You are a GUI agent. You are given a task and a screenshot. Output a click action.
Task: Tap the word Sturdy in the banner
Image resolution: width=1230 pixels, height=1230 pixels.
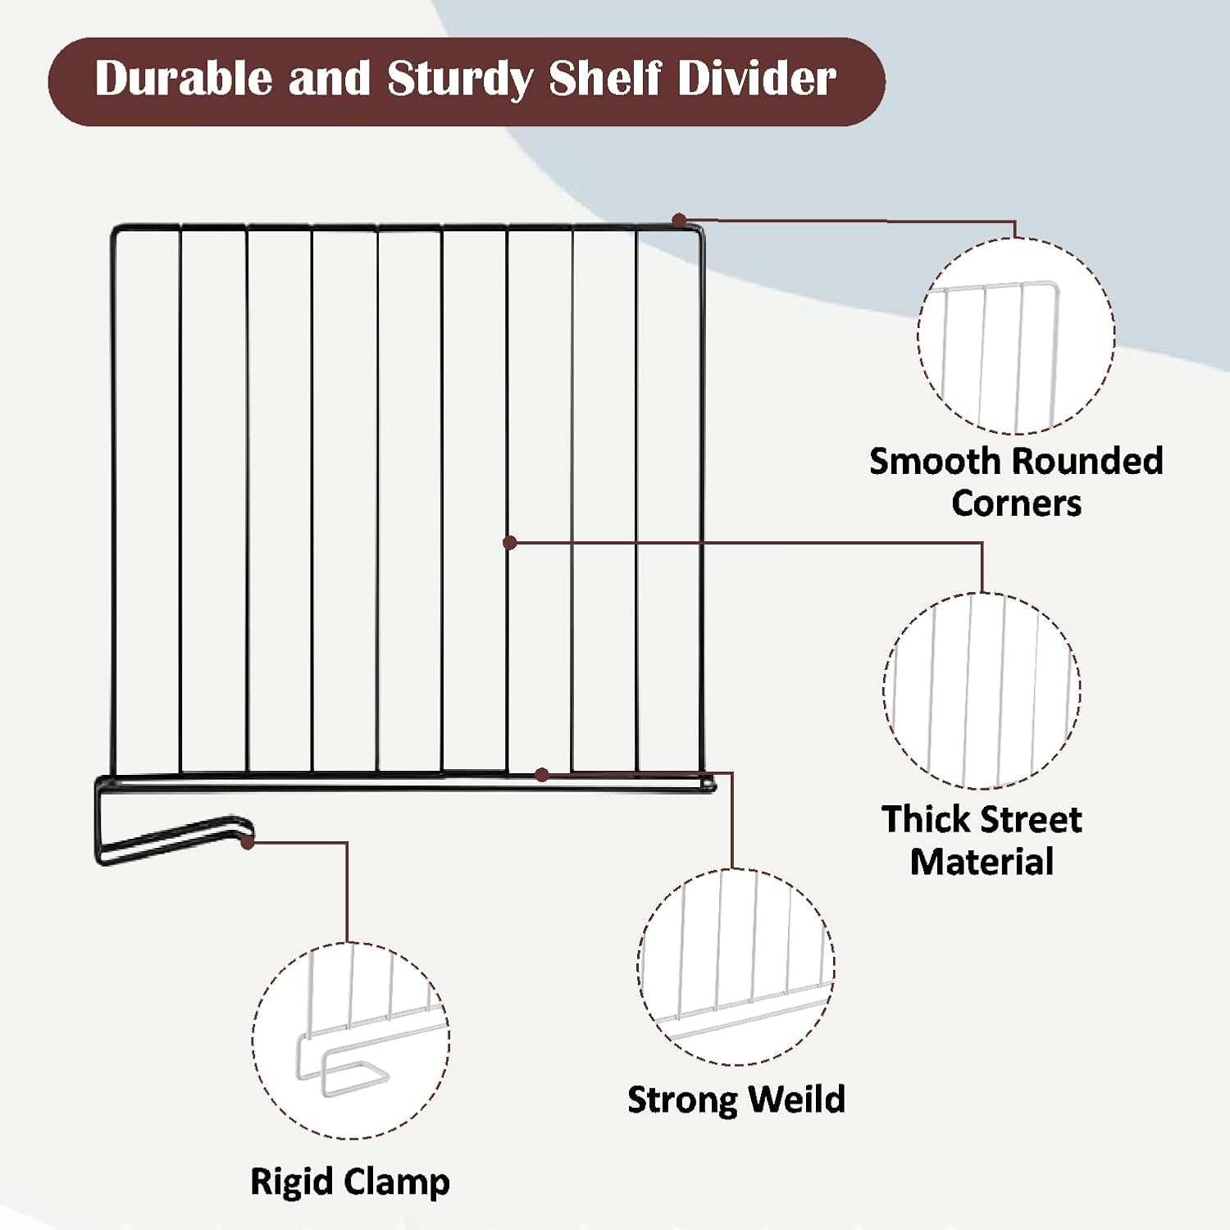click(459, 80)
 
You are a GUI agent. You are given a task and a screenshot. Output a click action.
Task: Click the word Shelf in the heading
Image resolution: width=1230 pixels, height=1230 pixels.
click(605, 79)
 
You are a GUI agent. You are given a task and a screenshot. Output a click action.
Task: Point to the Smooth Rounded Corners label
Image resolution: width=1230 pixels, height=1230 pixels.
click(1016, 482)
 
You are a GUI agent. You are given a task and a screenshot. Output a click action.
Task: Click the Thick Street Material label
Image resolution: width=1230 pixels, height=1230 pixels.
click(982, 840)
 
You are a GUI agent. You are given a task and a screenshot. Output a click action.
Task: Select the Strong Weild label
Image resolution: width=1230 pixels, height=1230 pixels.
click(736, 1100)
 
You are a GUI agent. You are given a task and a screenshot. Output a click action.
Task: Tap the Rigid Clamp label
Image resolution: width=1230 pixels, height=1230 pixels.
click(350, 1182)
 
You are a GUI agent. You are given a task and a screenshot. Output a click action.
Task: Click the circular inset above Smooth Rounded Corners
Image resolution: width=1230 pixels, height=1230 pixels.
click(1016, 336)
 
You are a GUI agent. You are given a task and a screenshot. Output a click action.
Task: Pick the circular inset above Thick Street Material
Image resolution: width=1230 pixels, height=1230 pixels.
click(982, 690)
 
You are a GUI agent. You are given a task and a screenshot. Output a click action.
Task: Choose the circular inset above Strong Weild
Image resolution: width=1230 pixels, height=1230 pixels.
click(736, 967)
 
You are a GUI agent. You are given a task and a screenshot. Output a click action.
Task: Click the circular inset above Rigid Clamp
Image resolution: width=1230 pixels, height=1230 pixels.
click(351, 1041)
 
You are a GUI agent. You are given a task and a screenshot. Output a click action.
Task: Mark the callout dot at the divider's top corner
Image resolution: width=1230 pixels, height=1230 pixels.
click(679, 220)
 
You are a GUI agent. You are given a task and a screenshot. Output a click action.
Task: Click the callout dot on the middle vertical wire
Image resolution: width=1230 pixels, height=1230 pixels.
click(509, 542)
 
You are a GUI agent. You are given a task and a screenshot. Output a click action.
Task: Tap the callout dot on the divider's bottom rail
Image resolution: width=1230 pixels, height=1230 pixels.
click(541, 774)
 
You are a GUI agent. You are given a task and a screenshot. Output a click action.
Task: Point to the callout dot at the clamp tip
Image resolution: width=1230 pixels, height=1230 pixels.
click(248, 841)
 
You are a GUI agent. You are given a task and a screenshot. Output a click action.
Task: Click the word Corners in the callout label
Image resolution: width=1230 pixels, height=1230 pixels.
click(1016, 503)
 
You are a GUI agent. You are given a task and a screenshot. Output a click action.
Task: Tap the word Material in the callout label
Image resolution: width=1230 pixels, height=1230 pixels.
click(982, 862)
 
